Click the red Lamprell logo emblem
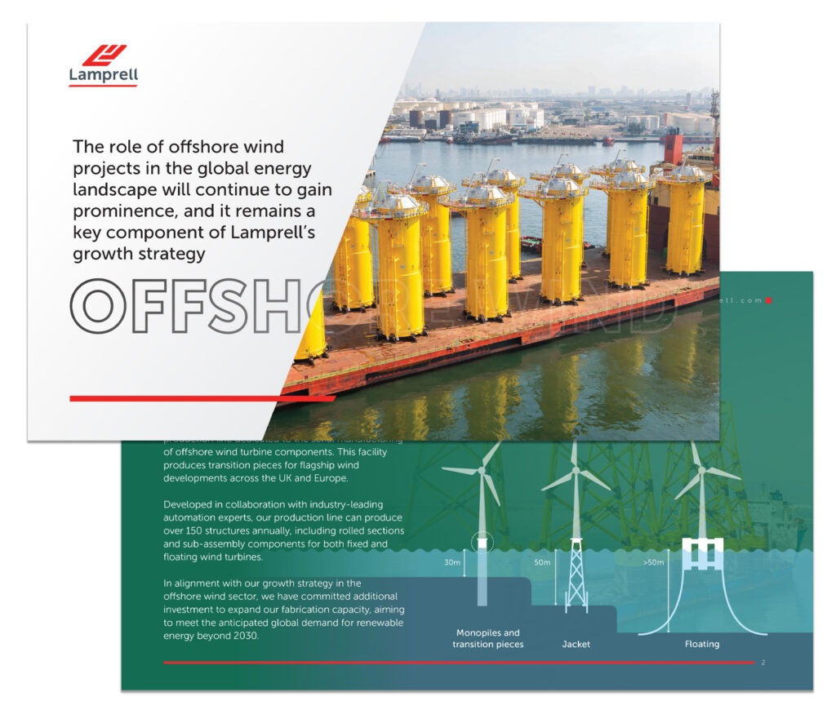tap(104, 55)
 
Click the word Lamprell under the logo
tap(104, 76)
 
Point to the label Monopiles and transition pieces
tap(487, 638)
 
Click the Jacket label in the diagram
tap(576, 644)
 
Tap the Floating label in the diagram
tap(702, 644)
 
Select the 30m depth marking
tap(451, 562)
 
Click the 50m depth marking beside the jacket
tap(542, 562)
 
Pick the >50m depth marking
tap(653, 562)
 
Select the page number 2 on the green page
tap(763, 663)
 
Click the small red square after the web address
tap(768, 300)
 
